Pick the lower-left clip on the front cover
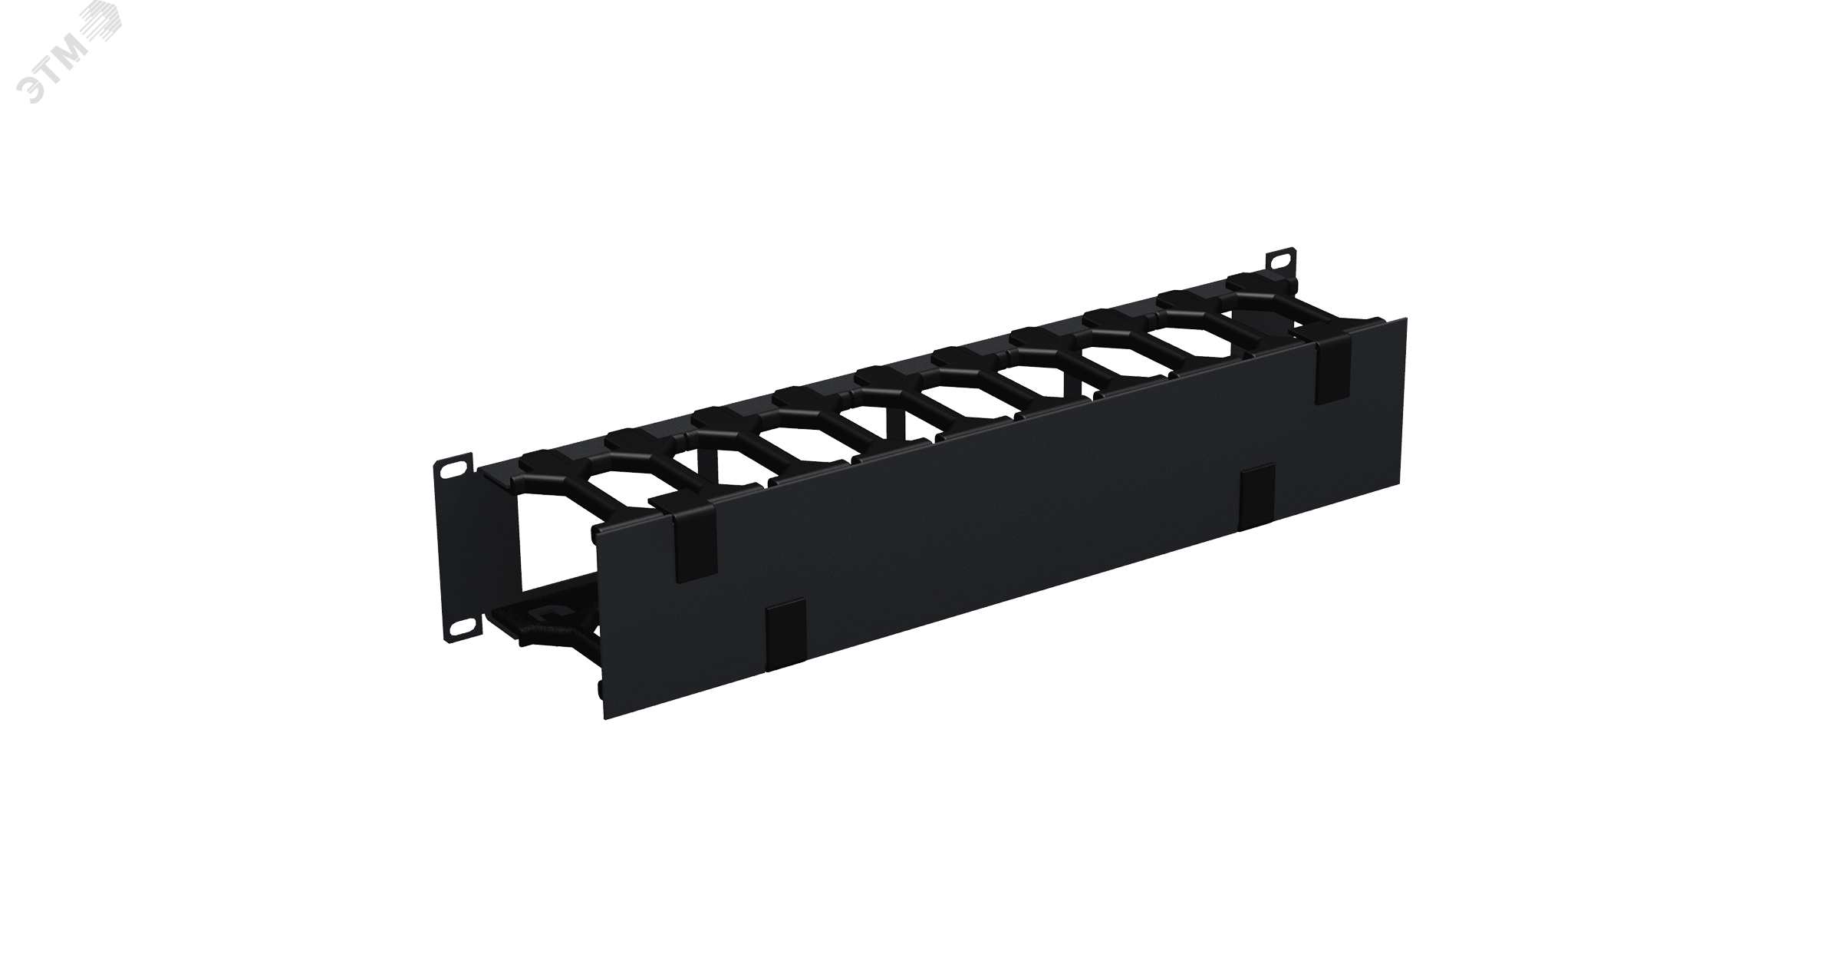pos(785,634)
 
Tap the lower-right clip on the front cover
pos(1259,496)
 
